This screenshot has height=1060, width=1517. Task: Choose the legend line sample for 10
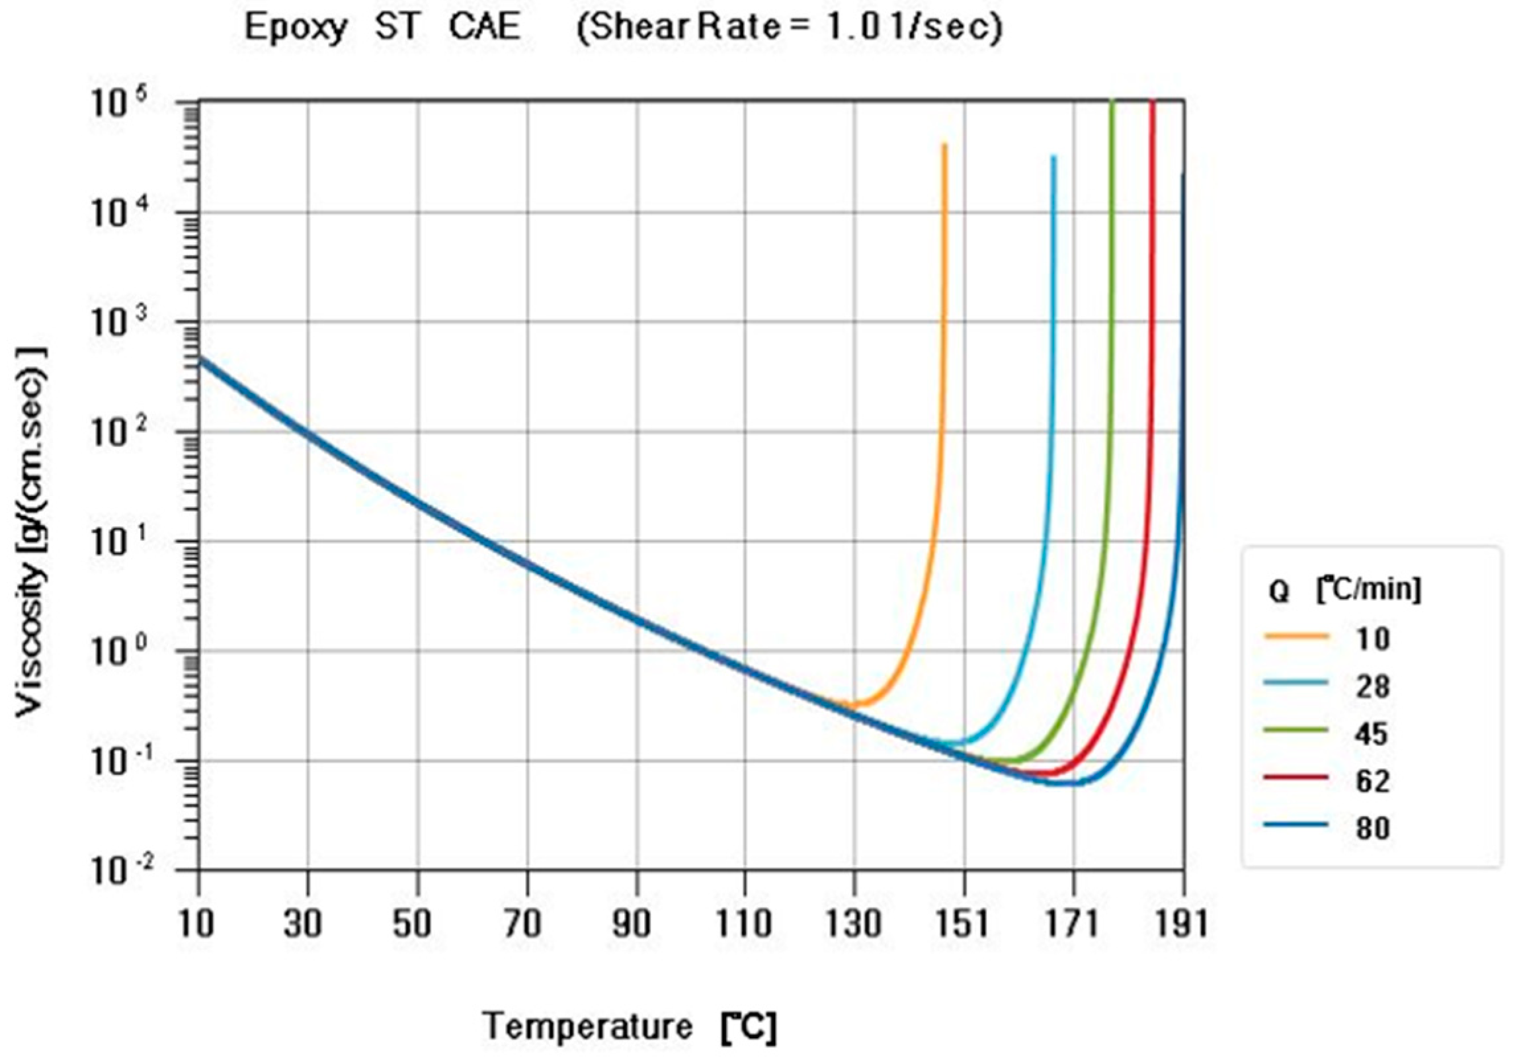pos(1296,636)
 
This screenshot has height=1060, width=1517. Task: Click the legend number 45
pos(1371,734)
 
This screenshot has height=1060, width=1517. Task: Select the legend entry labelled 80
pos(1371,828)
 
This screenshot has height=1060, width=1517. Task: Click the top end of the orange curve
pos(944,145)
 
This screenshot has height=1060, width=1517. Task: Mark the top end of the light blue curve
pos(1053,157)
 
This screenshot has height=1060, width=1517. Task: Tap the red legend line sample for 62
pos(1296,778)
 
